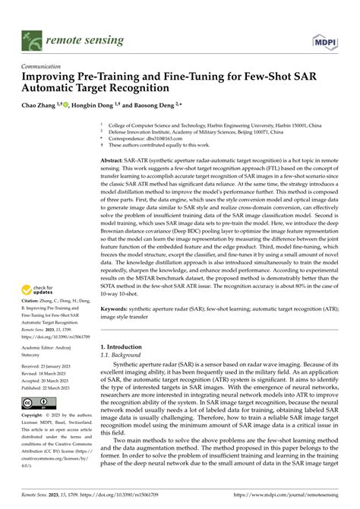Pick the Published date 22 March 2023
coord(47,387)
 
